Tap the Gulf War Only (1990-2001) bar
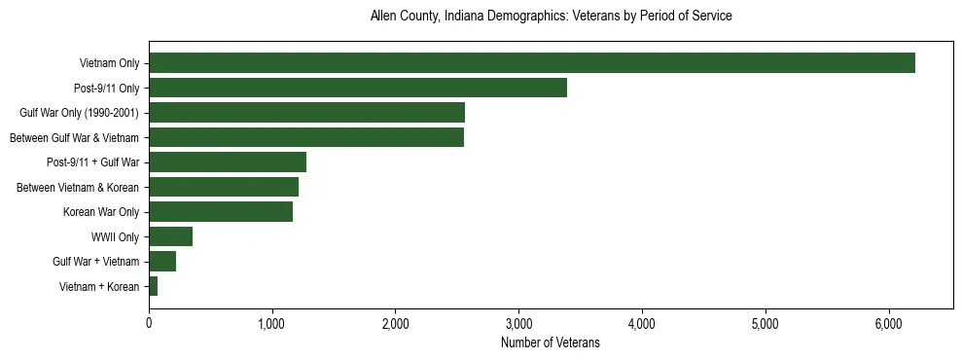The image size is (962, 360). tap(306, 113)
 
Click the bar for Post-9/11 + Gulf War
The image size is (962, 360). tap(227, 162)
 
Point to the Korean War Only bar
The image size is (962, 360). tap(220, 211)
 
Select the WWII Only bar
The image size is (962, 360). tap(170, 236)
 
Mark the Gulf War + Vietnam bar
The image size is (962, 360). tap(161, 261)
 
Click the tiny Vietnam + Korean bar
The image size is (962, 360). tap(153, 286)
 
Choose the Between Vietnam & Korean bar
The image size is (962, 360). tap(223, 187)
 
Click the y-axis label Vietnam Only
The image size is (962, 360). tap(109, 64)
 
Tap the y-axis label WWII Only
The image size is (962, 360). tap(115, 236)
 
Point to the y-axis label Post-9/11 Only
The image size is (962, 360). tap(107, 89)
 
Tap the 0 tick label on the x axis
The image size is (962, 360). tap(149, 324)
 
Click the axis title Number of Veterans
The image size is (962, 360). tap(550, 342)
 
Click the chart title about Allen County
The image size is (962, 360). tap(551, 17)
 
